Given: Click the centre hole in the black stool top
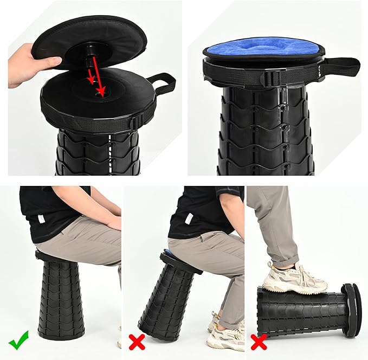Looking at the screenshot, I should tap(100, 94).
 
